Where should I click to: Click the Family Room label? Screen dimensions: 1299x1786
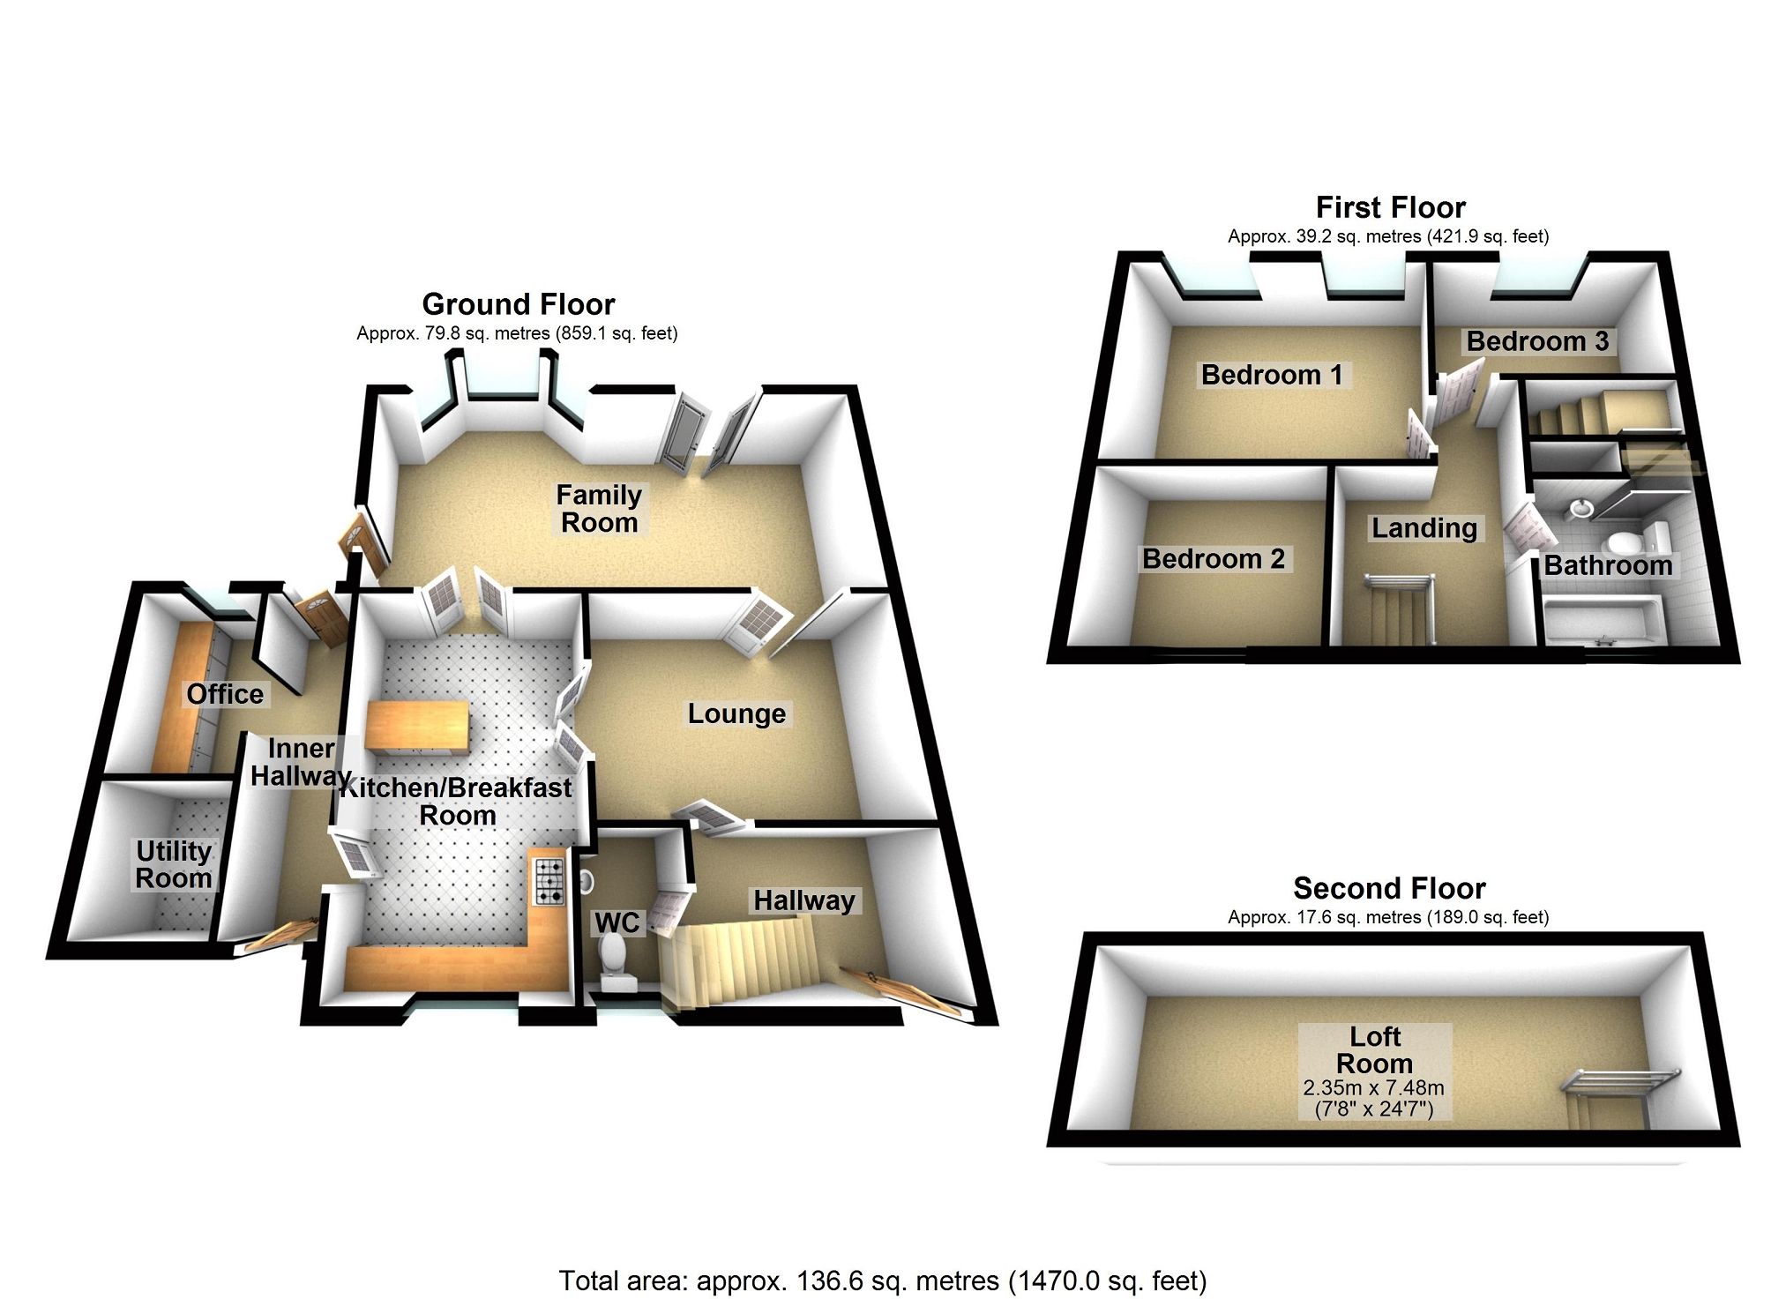(599, 509)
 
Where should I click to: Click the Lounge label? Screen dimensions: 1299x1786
(736, 713)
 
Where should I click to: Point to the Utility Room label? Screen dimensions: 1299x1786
(174, 864)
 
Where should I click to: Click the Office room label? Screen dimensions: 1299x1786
(225, 694)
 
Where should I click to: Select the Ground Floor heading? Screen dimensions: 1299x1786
(518, 304)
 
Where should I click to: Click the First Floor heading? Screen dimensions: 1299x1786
(1390, 207)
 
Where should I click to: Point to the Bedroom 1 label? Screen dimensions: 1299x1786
(1272, 375)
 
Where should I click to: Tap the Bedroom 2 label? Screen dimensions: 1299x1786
(1213, 558)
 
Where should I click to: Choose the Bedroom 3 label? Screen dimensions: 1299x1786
(1537, 341)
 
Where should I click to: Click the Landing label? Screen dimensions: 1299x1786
(1424, 527)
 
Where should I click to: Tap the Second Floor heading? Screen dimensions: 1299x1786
(1389, 887)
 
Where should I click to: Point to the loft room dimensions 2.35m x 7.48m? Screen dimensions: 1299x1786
(1374, 1088)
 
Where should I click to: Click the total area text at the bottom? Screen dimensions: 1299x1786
(882, 1280)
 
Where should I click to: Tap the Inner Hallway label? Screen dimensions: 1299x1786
(301, 762)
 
